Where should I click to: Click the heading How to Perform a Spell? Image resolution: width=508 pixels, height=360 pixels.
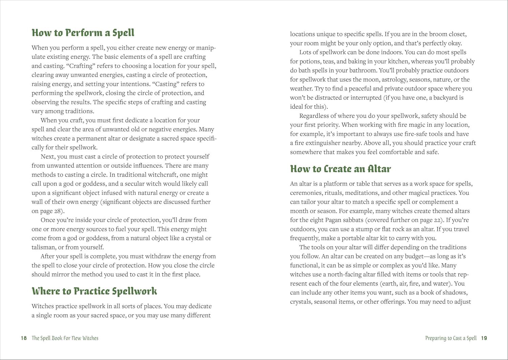83,33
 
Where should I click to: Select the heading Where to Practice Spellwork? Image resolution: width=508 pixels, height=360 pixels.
94,291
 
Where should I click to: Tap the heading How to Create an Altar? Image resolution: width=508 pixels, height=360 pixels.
340,169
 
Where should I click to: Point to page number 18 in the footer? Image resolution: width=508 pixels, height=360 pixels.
24,338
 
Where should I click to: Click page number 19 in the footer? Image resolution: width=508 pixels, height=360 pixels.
484,338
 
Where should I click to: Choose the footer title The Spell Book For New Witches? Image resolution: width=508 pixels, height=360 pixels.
65,338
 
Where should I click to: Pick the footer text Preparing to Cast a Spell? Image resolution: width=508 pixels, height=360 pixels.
451,338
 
